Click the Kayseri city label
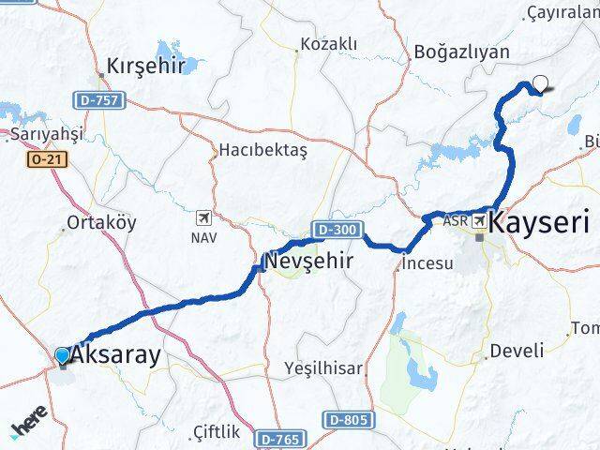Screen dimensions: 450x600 click(x=541, y=223)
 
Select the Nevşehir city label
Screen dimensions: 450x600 click(x=308, y=261)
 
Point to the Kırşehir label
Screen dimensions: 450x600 click(x=145, y=67)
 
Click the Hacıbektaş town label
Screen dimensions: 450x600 click(x=263, y=149)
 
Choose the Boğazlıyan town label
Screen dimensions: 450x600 click(x=460, y=53)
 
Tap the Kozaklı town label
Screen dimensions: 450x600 click(x=328, y=44)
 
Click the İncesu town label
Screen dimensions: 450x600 click(x=427, y=264)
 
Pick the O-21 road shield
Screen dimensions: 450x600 click(x=45, y=159)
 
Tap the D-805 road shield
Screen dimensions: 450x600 click(x=348, y=419)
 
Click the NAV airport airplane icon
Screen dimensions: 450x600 click(x=202, y=218)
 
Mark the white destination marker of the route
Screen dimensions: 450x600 click(x=540, y=83)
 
